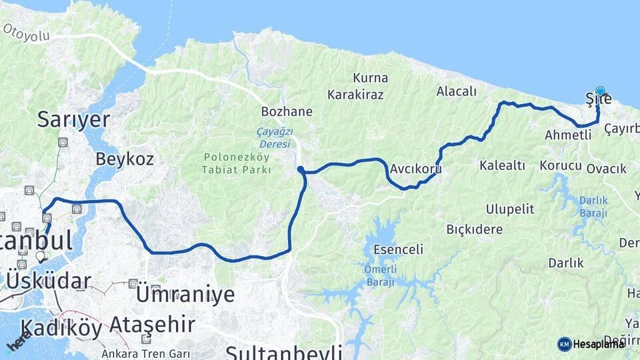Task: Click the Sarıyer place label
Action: tap(73, 119)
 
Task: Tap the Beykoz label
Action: tap(125, 159)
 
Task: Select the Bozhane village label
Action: tap(287, 111)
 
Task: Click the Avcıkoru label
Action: tap(417, 169)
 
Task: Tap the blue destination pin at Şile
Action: tap(600, 92)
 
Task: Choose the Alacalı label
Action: tap(457, 91)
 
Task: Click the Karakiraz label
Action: tap(359, 94)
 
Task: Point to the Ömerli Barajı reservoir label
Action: tap(379, 276)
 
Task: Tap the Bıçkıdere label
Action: tap(474, 229)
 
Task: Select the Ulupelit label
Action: tap(510, 209)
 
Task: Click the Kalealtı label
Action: tap(503, 165)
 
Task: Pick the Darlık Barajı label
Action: tap(593, 206)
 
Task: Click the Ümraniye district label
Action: tap(185, 294)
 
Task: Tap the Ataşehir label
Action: tap(152, 325)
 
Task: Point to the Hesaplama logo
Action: tap(591, 344)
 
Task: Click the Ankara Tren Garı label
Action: tap(145, 353)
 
